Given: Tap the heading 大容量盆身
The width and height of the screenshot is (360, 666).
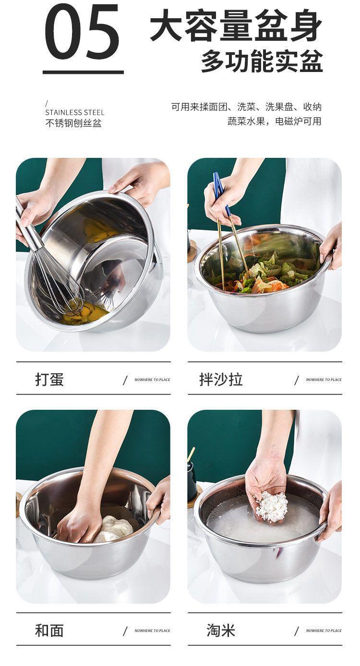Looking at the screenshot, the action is [x=236, y=25].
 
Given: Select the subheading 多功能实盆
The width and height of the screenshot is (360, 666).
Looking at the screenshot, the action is [x=262, y=61].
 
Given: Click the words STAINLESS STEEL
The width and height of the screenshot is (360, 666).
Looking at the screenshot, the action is [x=75, y=112].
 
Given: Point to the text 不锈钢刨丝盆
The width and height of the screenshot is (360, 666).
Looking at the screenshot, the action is [x=73, y=123].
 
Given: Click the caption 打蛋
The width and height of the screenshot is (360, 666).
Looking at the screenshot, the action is [x=49, y=380].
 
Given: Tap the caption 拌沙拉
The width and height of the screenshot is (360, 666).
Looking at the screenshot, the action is [x=221, y=380].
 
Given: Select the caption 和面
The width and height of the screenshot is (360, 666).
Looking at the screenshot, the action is [x=49, y=630].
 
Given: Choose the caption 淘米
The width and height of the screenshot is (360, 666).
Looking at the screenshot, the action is [x=221, y=630].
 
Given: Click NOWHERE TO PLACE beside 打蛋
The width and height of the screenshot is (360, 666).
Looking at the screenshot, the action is [x=152, y=380].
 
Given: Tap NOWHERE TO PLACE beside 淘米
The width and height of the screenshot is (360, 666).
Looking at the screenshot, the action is [x=324, y=630].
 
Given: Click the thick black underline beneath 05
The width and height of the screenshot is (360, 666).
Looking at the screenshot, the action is [x=84, y=72].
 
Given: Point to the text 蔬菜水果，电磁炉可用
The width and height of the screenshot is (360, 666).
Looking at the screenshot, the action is [x=274, y=121].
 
